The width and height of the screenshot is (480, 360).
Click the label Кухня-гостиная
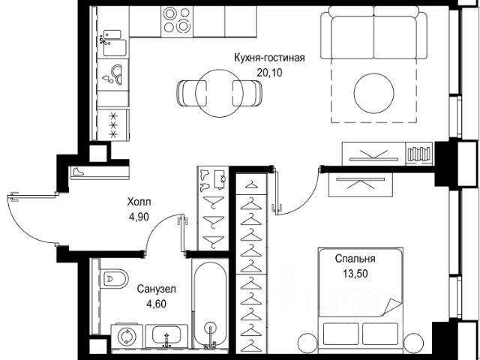(x=269, y=58)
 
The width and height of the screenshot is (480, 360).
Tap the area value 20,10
(x=269, y=73)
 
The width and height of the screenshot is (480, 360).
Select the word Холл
(x=139, y=202)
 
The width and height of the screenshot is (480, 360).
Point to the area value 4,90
(x=139, y=217)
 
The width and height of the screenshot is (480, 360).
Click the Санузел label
(x=157, y=289)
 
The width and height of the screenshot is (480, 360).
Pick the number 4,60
(x=157, y=304)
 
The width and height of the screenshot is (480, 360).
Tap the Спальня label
(x=355, y=259)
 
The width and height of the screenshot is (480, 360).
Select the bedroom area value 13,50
(x=355, y=273)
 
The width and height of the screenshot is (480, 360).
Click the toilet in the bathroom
(x=114, y=278)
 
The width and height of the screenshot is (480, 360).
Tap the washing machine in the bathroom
(x=126, y=336)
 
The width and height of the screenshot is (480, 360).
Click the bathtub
(x=210, y=304)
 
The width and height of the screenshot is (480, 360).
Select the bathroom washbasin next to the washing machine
(x=166, y=336)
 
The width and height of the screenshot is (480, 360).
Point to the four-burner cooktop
(x=177, y=22)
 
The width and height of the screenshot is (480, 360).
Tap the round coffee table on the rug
(x=373, y=93)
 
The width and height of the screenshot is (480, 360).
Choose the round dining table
(x=219, y=93)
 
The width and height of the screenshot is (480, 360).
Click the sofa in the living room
(x=373, y=32)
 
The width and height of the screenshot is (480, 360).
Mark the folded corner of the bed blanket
(x=391, y=307)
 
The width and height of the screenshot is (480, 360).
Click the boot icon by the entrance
(x=78, y=172)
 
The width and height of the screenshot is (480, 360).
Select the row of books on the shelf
(x=419, y=154)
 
